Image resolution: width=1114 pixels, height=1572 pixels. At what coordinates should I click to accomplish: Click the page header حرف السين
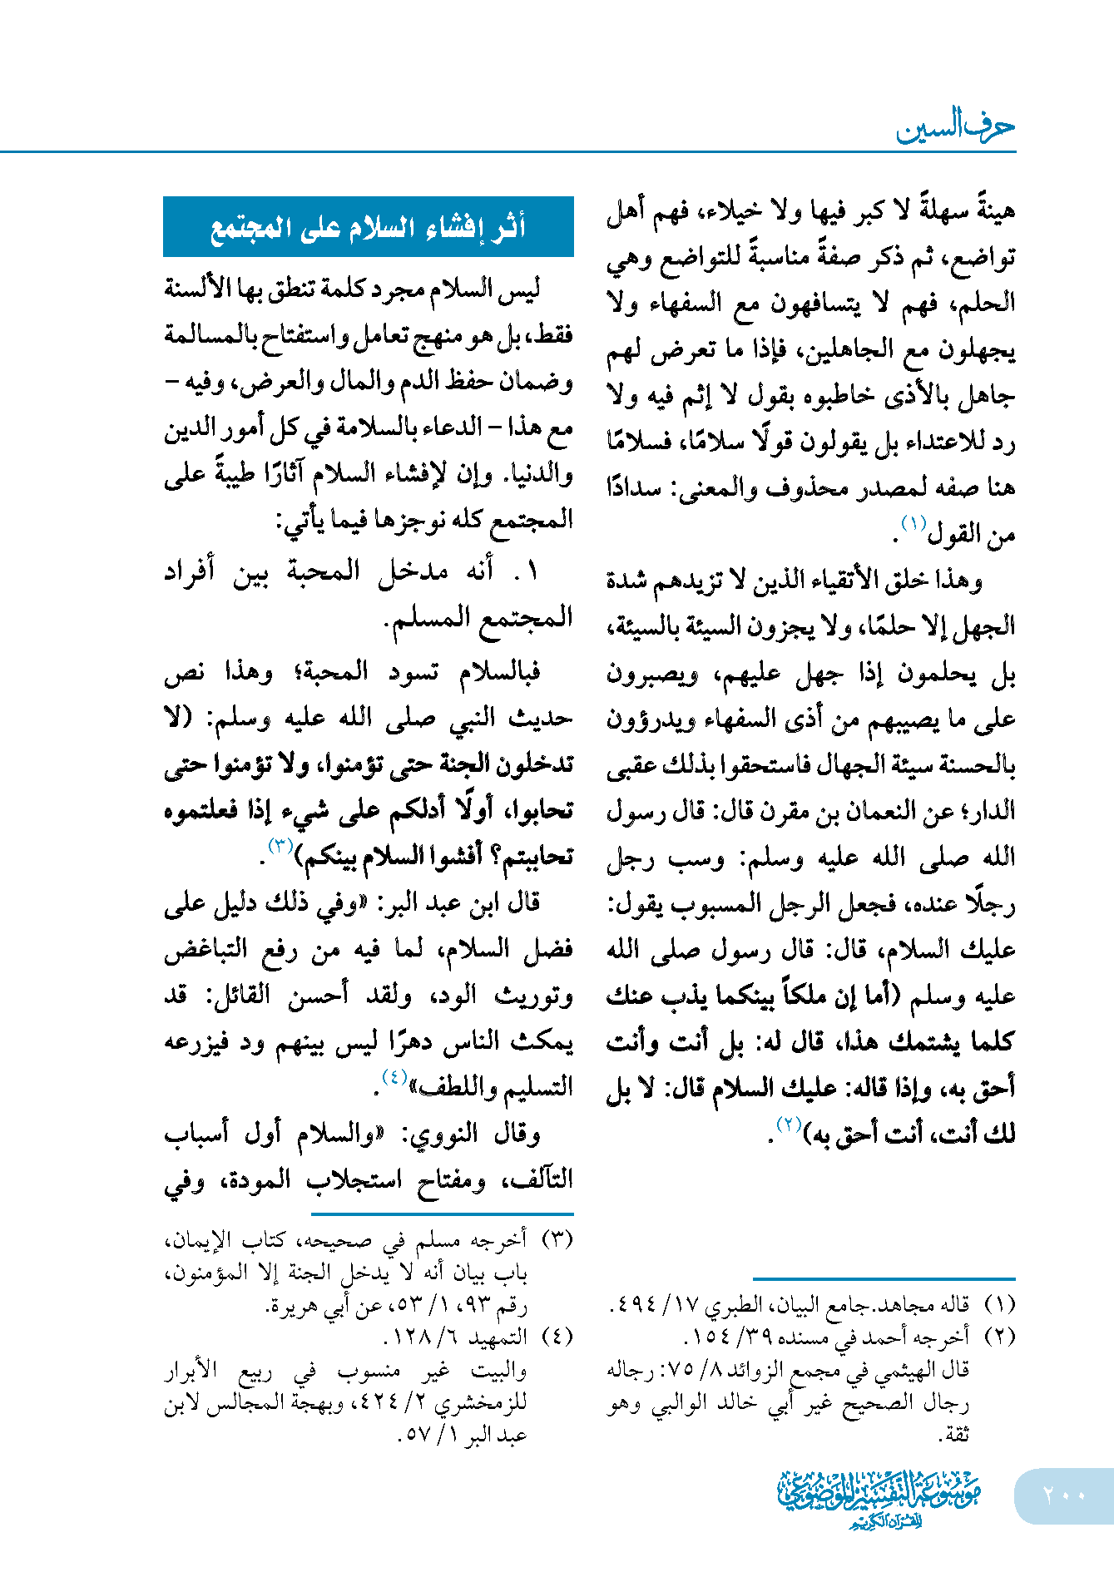[955, 127]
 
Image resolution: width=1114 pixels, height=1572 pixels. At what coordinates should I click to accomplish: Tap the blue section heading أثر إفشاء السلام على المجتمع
[368, 227]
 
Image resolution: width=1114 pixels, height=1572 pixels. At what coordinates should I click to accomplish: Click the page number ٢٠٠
[1064, 1495]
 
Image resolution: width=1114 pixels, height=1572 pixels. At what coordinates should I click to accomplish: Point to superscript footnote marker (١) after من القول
[913, 525]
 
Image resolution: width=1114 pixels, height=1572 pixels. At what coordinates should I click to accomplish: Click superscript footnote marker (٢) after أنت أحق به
[787, 1125]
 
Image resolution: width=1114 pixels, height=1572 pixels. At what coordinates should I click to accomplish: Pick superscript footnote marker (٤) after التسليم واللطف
[394, 1078]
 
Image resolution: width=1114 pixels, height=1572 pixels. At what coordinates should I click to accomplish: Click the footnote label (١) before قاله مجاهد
[998, 1304]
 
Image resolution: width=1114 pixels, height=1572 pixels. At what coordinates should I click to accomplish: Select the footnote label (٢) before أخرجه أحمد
[998, 1337]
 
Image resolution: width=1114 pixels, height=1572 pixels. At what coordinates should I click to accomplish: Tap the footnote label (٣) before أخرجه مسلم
[557, 1240]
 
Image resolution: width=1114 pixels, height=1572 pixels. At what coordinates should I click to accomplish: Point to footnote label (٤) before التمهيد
[557, 1337]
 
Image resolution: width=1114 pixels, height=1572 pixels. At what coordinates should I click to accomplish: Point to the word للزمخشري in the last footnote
[486, 1403]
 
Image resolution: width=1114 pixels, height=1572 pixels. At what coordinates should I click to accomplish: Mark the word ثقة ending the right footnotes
[953, 1435]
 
